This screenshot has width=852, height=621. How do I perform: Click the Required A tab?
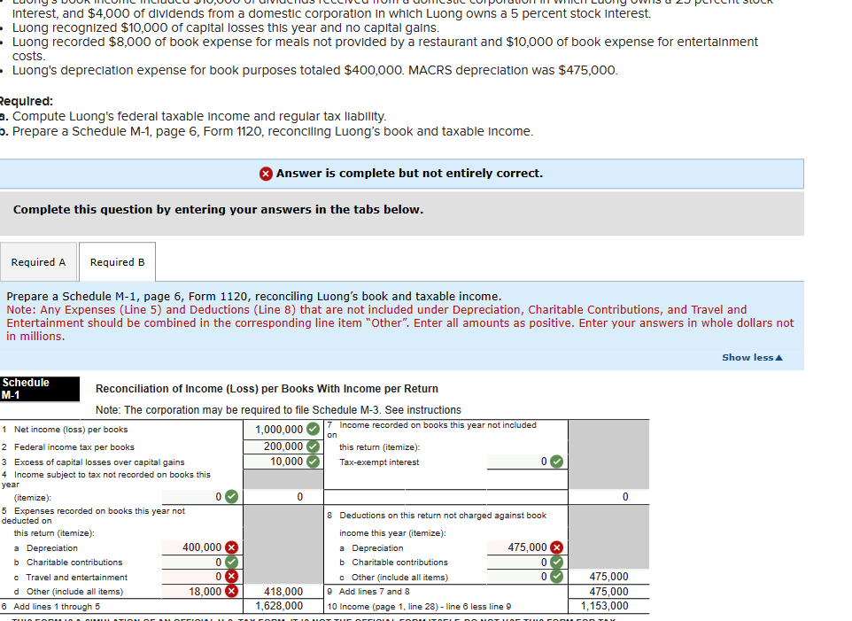38,262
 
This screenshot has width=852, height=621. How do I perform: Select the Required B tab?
117,262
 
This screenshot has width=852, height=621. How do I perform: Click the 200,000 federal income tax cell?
283,446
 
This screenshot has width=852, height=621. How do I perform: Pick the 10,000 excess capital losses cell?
286,461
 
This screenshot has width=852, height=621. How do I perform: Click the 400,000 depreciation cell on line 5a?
201,547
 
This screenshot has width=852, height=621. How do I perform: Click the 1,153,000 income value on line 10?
605,606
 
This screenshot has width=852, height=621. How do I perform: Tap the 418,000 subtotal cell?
284,591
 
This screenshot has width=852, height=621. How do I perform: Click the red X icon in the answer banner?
266,174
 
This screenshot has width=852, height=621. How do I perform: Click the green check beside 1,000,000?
313,431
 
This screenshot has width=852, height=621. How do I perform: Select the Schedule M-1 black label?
26,388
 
